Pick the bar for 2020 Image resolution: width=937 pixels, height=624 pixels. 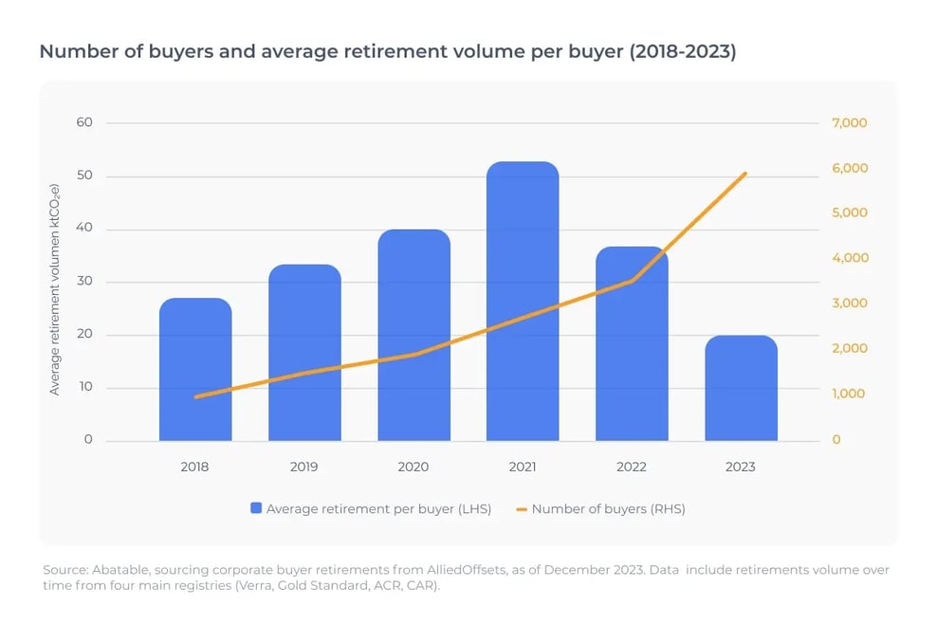(413, 336)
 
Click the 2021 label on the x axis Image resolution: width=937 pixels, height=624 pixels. (523, 467)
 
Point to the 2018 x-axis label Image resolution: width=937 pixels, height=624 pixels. (195, 467)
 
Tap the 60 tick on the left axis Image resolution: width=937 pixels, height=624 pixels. (85, 122)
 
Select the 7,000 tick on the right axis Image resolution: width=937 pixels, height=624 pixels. (850, 123)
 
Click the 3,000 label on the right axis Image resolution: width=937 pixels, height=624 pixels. (850, 303)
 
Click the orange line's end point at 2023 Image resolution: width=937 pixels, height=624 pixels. (746, 174)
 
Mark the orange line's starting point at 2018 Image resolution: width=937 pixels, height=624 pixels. (195, 397)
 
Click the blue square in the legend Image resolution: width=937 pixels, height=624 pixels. (256, 509)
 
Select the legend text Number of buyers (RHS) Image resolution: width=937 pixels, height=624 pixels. (608, 509)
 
